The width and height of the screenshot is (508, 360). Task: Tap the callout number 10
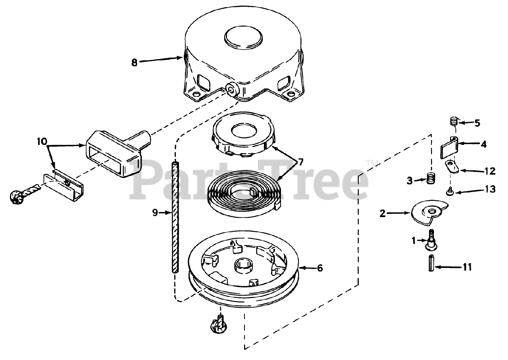[42, 141]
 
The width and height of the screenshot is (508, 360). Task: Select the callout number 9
[155, 213]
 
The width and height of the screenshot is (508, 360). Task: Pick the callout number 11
[468, 267]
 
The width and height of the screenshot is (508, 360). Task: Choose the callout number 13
[491, 189]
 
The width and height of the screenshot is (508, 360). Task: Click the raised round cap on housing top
[244, 37]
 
